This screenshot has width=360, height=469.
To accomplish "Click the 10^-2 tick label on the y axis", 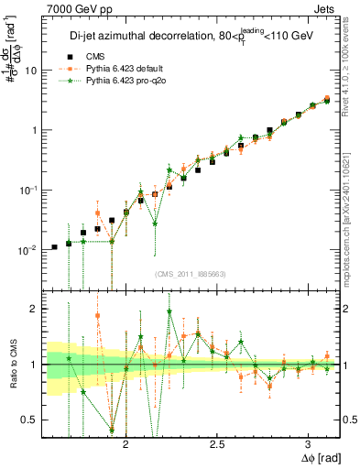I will [27, 250].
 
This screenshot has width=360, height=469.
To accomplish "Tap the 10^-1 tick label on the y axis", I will [27, 191].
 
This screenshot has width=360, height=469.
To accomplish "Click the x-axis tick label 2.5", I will [217, 444].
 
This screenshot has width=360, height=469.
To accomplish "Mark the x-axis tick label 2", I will [126, 444].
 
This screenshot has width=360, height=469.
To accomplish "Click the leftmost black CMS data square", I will [54, 247].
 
